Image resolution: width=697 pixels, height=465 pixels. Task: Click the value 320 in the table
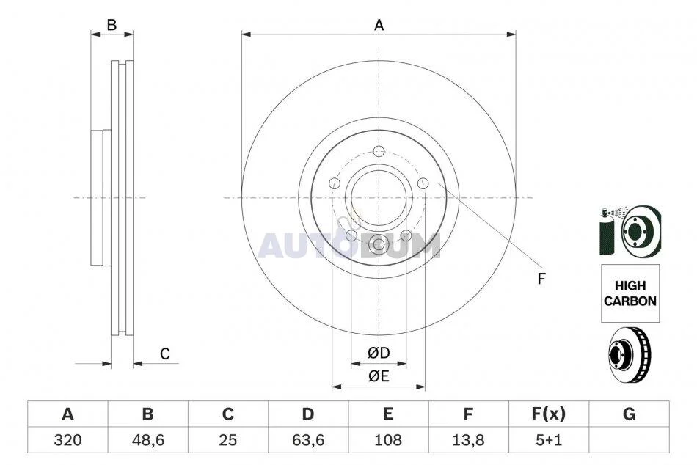click(67, 440)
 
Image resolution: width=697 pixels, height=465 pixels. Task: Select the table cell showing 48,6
click(148, 440)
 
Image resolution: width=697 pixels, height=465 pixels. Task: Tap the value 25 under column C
click(228, 440)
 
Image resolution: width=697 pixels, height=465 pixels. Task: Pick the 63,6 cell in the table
click(308, 440)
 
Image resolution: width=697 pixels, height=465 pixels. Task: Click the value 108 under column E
click(388, 440)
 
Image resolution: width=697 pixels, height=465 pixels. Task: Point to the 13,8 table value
click(468, 440)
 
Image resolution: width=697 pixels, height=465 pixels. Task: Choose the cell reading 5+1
click(549, 440)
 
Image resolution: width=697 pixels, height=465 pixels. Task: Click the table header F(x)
click(549, 414)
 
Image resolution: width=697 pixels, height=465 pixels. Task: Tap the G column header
click(629, 414)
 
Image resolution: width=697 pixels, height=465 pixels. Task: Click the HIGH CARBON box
click(630, 293)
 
